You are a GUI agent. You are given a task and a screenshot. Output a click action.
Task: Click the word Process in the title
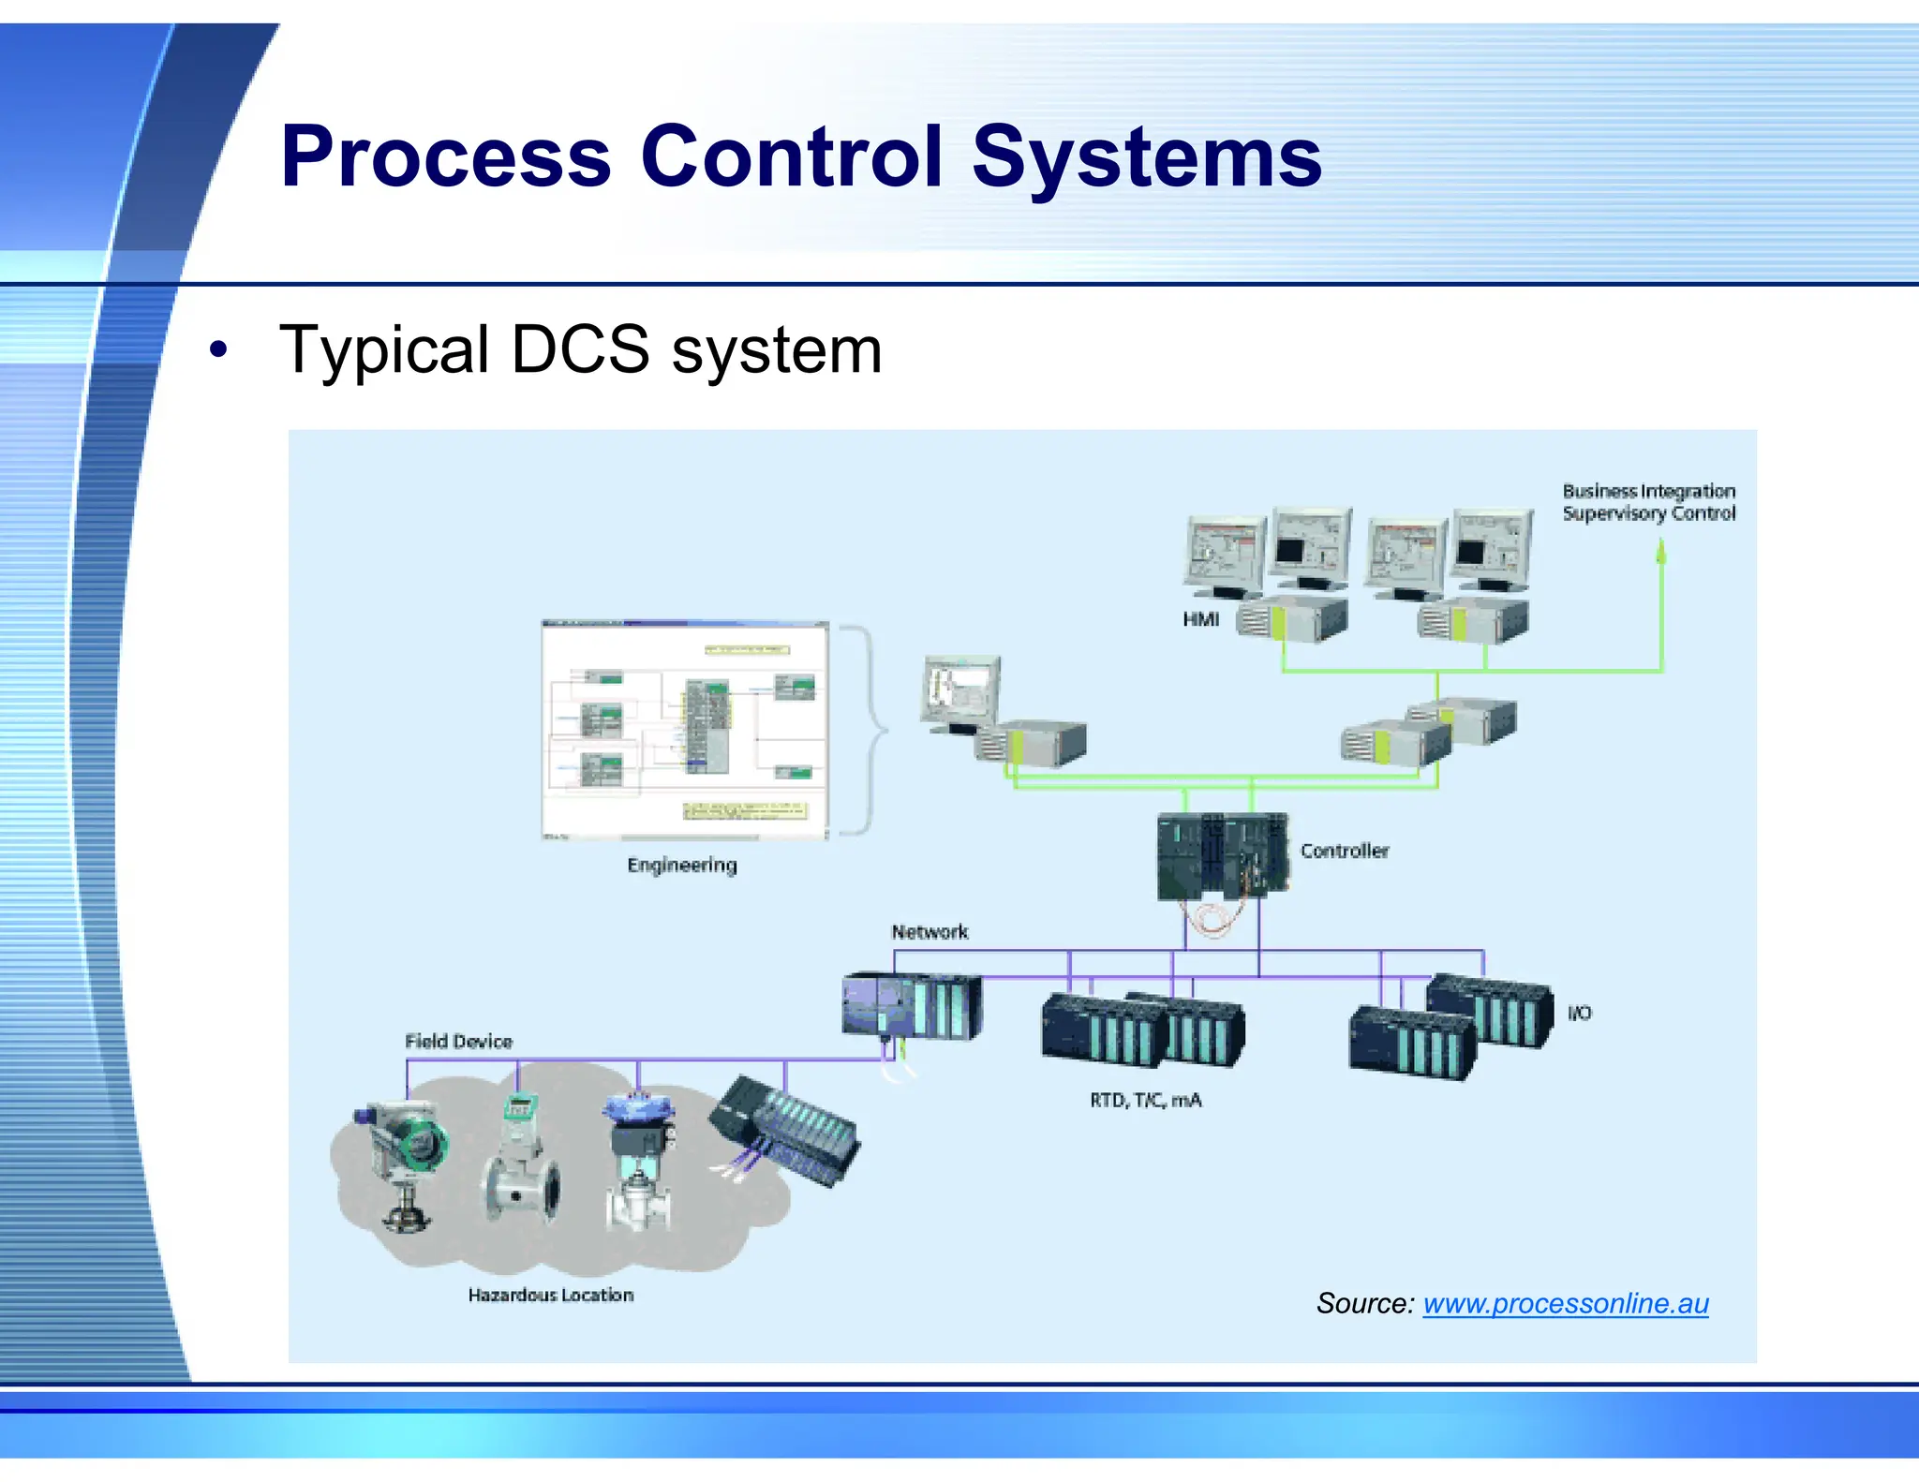point(445,156)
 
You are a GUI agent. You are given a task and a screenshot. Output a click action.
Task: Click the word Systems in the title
point(1146,156)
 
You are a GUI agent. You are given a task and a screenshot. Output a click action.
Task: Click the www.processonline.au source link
point(1565,1303)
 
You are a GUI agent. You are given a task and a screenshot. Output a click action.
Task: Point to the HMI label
point(1200,619)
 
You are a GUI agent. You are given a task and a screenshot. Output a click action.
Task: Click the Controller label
point(1344,851)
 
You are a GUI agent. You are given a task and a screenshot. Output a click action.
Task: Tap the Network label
point(930,932)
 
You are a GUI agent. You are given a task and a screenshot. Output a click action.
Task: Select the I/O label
point(1579,1013)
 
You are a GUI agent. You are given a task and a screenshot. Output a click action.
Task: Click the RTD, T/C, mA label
point(1145,1100)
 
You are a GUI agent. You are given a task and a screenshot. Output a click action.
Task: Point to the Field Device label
point(458,1042)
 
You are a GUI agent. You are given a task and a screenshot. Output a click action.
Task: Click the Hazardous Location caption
point(551,1295)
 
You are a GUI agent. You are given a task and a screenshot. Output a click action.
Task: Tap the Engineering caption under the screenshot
point(682,865)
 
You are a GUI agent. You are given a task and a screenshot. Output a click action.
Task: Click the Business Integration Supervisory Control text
point(1648,502)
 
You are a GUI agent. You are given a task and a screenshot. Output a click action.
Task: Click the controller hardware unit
point(1222,855)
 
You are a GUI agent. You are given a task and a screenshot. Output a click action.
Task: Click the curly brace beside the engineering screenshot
point(867,729)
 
